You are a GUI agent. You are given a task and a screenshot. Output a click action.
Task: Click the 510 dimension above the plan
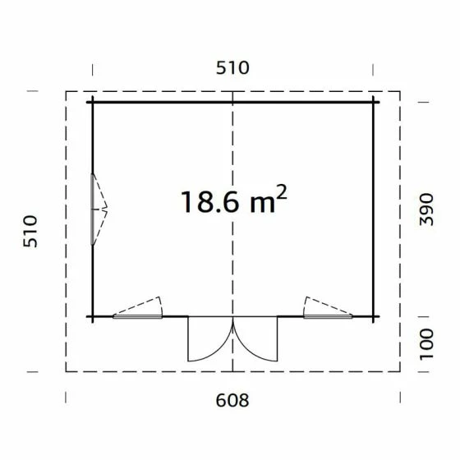(x=232, y=67)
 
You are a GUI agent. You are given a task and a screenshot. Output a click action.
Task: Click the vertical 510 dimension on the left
(x=30, y=232)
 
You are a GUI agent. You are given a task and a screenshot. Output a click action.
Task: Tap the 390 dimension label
(x=426, y=209)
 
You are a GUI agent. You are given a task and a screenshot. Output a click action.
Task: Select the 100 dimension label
(x=426, y=344)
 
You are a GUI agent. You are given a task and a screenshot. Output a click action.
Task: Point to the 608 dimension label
(x=232, y=400)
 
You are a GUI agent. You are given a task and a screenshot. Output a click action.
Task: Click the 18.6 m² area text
(x=233, y=199)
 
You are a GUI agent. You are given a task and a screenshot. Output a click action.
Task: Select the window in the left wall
(x=94, y=209)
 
